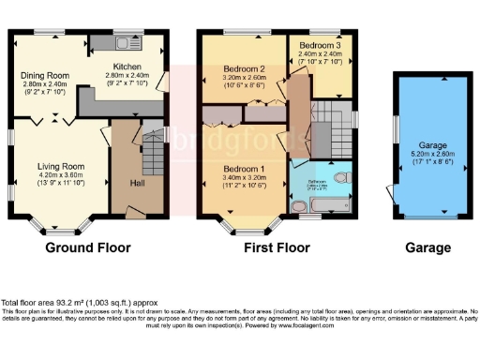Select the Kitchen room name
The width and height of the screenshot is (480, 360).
click(127, 67)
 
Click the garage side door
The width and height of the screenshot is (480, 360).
click(389, 194)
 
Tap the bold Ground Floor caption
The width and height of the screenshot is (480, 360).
click(85, 248)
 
